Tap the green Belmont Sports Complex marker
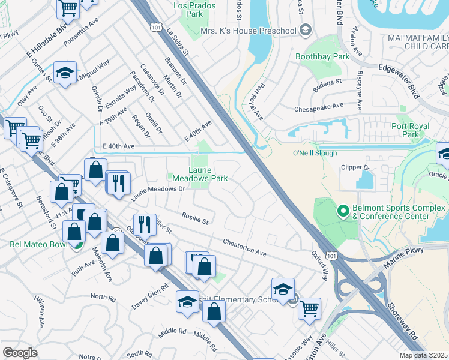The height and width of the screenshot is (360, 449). click(x=343, y=211)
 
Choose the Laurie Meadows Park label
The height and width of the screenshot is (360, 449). click(x=200, y=174)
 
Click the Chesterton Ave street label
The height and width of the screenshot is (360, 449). click(x=244, y=248)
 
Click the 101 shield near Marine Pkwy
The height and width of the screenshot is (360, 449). click(x=331, y=256)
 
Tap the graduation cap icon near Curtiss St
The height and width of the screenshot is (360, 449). click(x=65, y=73)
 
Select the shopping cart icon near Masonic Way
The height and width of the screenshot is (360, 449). click(x=309, y=308)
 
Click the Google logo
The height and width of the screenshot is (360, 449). click(x=20, y=352)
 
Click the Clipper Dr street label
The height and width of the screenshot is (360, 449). click(x=354, y=168)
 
